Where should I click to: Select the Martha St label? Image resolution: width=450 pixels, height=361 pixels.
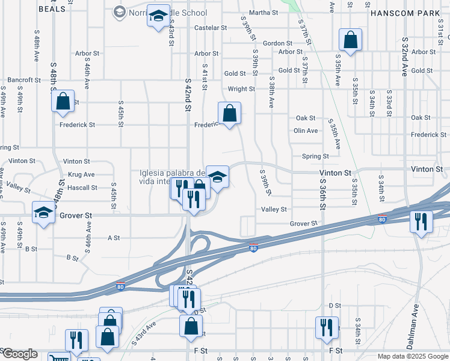264,12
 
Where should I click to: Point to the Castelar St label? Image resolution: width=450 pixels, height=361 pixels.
211,28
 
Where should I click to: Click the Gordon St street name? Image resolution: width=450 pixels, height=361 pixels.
277,43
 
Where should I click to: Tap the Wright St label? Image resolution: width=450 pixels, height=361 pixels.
241,89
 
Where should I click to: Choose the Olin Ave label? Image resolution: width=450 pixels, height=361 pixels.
306,131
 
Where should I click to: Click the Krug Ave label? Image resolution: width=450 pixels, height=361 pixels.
81,174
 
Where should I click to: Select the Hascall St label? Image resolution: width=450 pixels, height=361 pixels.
82,188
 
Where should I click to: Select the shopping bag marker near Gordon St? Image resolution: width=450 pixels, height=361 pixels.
350,40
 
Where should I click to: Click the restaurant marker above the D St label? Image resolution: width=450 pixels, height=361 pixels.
327,327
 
